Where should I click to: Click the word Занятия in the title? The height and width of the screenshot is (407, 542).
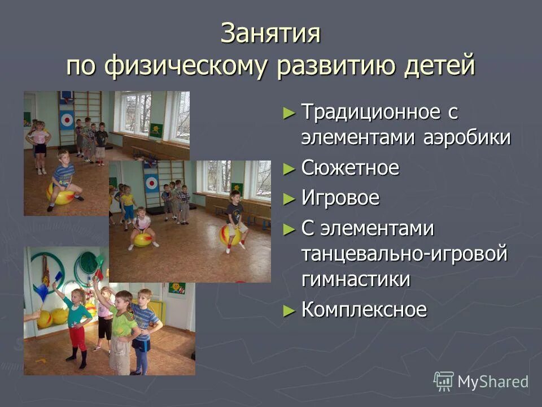270,34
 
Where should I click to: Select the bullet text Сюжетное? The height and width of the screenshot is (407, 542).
350,168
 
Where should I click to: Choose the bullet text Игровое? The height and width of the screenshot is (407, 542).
340,198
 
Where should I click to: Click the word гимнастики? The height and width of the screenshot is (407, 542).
356,279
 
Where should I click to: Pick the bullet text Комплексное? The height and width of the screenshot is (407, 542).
364,310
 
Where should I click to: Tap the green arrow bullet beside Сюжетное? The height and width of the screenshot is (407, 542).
289,168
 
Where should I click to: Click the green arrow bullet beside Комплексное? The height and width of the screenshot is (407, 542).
289,310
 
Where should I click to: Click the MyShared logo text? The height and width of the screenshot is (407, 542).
493,382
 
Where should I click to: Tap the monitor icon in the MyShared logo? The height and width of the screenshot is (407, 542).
444,381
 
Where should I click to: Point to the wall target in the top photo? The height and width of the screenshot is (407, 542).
67,120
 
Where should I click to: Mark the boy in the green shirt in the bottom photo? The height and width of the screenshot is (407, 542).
121,328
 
